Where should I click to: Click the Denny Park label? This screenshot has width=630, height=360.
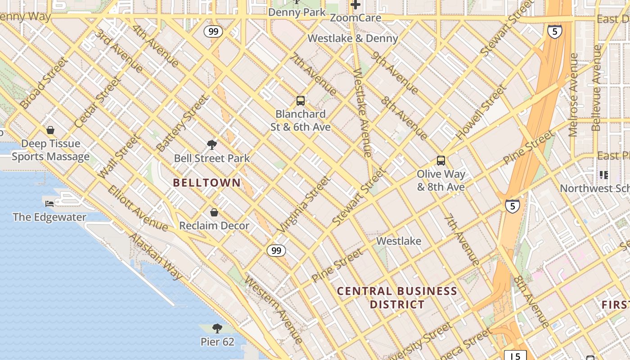(297, 12)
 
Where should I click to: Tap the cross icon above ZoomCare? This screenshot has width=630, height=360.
(355, 5)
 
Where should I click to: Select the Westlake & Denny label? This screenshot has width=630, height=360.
(353, 38)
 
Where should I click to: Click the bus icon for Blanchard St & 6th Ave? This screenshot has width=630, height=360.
(301, 101)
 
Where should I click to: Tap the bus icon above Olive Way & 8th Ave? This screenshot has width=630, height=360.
(441, 161)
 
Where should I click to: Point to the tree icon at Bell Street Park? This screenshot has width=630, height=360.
(212, 145)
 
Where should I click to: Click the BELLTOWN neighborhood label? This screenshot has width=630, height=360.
(207, 183)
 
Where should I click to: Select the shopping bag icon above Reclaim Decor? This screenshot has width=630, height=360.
(214, 212)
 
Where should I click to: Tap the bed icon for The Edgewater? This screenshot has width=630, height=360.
(49, 204)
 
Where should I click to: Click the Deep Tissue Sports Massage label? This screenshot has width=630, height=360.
(50, 150)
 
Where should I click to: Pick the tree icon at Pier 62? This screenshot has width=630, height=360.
(217, 328)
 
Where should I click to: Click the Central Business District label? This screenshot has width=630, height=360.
(397, 297)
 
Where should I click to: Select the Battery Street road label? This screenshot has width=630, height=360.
(182, 123)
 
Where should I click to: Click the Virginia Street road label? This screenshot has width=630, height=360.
(304, 204)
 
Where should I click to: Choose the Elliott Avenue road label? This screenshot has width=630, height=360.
(138, 208)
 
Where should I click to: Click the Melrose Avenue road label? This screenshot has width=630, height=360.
(573, 94)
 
